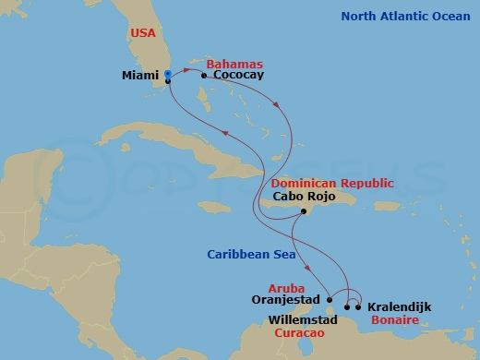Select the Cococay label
click(x=238, y=76)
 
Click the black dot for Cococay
click(x=203, y=76)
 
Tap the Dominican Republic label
click(x=332, y=183)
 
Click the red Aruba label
click(x=286, y=288)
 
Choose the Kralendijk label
click(x=399, y=306)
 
